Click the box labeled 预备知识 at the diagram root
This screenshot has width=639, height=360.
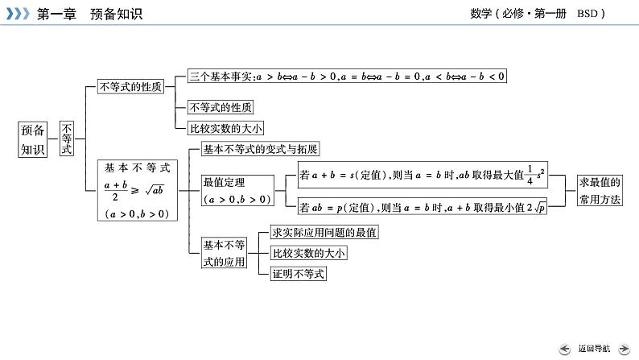(x=34, y=139)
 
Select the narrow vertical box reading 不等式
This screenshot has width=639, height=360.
(x=68, y=139)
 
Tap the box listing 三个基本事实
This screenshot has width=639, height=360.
(x=347, y=77)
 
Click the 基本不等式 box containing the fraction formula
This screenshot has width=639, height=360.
(x=136, y=190)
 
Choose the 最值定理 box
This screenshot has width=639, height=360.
(x=237, y=190)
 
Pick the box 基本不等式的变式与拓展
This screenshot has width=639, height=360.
(x=260, y=149)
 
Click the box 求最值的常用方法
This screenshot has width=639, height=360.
(x=600, y=191)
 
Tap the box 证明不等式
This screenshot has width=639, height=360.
(x=299, y=274)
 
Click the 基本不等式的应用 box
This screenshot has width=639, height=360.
(x=223, y=253)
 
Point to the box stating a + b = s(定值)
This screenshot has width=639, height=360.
(x=422, y=174)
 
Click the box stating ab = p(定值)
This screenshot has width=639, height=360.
(x=422, y=207)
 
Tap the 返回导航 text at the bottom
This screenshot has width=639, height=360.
(x=593, y=348)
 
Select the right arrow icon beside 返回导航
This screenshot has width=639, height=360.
(x=624, y=348)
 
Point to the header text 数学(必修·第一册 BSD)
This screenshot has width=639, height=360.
(x=537, y=14)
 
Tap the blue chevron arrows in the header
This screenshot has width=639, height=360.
(x=18, y=14)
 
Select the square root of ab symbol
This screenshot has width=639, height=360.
(x=154, y=190)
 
